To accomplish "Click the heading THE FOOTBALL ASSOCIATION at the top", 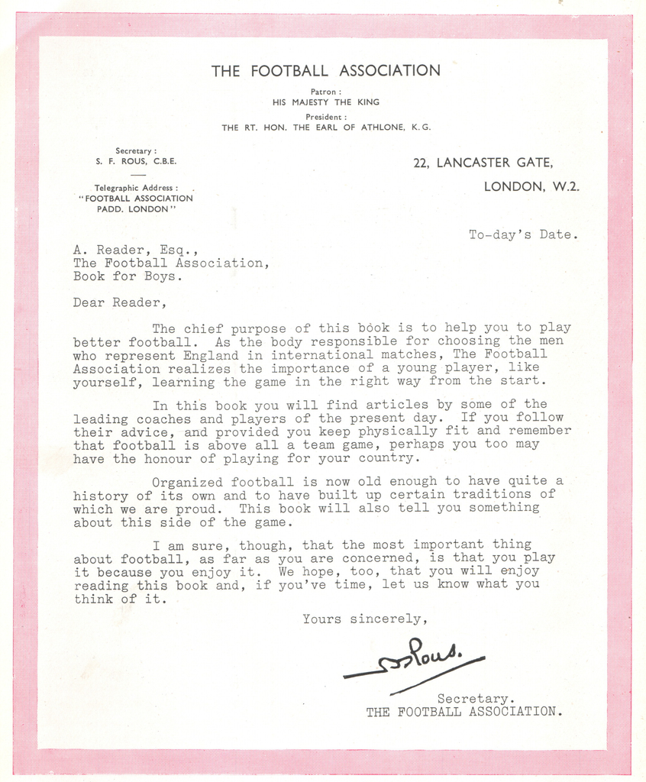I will tap(325, 71).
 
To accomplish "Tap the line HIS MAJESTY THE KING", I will tap(325, 102).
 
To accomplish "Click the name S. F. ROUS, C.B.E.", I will tap(137, 162).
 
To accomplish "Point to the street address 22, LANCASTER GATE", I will tap(483, 163).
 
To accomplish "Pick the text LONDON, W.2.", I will tap(531, 186).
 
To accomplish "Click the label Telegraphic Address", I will tap(136, 188).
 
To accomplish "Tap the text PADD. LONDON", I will tap(137, 209).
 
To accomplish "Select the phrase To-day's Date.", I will tap(523, 235).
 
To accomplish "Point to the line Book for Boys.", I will tap(128, 276).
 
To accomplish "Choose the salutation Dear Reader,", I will tap(118, 302).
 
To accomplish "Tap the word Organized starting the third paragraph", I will tap(188, 482).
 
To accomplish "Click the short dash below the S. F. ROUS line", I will tap(137, 175).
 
